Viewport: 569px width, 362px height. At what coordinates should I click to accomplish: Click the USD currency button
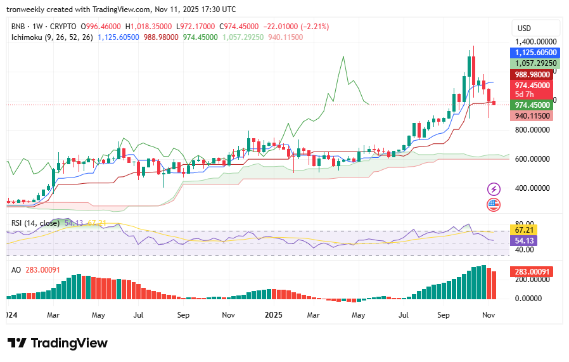point(524,29)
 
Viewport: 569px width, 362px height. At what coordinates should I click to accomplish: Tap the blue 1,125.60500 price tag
point(535,53)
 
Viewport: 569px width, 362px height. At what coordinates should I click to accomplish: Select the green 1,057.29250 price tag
point(535,63)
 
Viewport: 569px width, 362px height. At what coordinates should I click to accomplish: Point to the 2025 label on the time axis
point(274,314)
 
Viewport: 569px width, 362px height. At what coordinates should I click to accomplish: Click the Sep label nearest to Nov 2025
point(444,314)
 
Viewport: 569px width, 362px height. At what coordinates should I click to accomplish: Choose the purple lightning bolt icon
point(494,189)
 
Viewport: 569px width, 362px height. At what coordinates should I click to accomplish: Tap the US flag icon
point(494,205)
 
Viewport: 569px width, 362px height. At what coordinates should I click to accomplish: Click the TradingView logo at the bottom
point(58,343)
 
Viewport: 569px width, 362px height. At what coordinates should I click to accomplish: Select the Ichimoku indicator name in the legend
point(30,37)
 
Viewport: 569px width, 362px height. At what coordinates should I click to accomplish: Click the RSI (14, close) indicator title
point(35,223)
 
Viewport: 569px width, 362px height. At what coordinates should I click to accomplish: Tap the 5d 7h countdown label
point(527,94)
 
